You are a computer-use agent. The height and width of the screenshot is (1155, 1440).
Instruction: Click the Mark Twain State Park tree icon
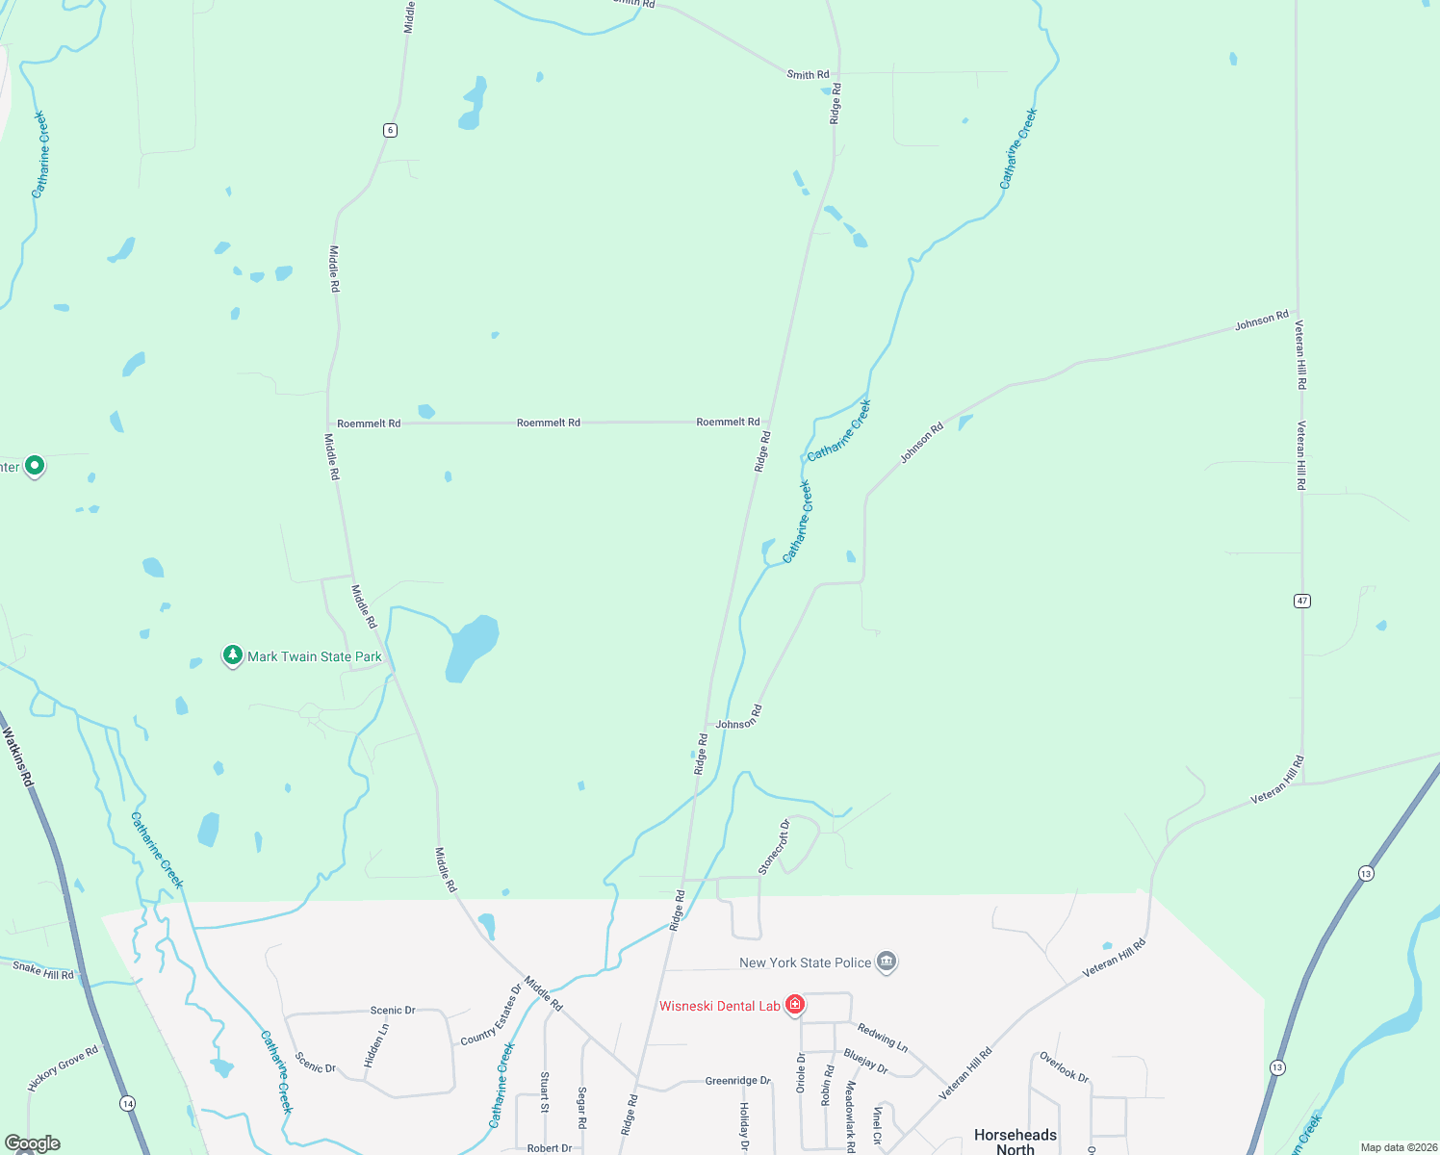coord(232,655)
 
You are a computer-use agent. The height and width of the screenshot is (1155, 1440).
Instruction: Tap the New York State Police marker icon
coord(887,962)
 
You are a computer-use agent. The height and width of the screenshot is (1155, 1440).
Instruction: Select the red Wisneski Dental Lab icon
coord(795,1005)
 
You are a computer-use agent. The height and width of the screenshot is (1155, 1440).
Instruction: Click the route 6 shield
coord(390,130)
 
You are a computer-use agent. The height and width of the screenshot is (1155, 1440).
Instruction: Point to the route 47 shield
coord(1302,601)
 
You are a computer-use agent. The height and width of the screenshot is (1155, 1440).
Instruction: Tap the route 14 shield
coord(128,1103)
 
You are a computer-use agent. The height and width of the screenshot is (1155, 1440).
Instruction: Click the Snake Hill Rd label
coord(43,970)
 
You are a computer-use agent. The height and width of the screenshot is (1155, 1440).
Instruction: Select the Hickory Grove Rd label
coord(64,1068)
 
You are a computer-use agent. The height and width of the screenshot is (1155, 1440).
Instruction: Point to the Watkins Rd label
coord(17,757)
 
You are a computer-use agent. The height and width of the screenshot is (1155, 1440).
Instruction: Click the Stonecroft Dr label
coord(774,847)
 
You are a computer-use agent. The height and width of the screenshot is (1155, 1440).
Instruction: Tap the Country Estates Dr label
coord(491,1014)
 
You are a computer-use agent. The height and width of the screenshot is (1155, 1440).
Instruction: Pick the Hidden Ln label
coord(376,1045)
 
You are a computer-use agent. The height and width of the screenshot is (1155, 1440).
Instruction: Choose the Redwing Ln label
coord(883,1037)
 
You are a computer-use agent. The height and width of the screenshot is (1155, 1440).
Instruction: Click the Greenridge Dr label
coord(738,1081)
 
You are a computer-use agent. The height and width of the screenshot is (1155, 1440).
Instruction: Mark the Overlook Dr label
coord(1064,1067)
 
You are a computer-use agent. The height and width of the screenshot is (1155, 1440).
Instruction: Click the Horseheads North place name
coord(1016,1142)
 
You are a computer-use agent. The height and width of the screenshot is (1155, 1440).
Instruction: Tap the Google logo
coord(33,1143)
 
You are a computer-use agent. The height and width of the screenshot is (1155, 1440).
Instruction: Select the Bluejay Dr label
coord(865,1061)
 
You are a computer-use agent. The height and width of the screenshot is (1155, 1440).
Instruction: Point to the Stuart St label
coord(545,1092)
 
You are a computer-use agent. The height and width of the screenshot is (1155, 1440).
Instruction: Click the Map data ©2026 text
coord(1399,1147)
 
